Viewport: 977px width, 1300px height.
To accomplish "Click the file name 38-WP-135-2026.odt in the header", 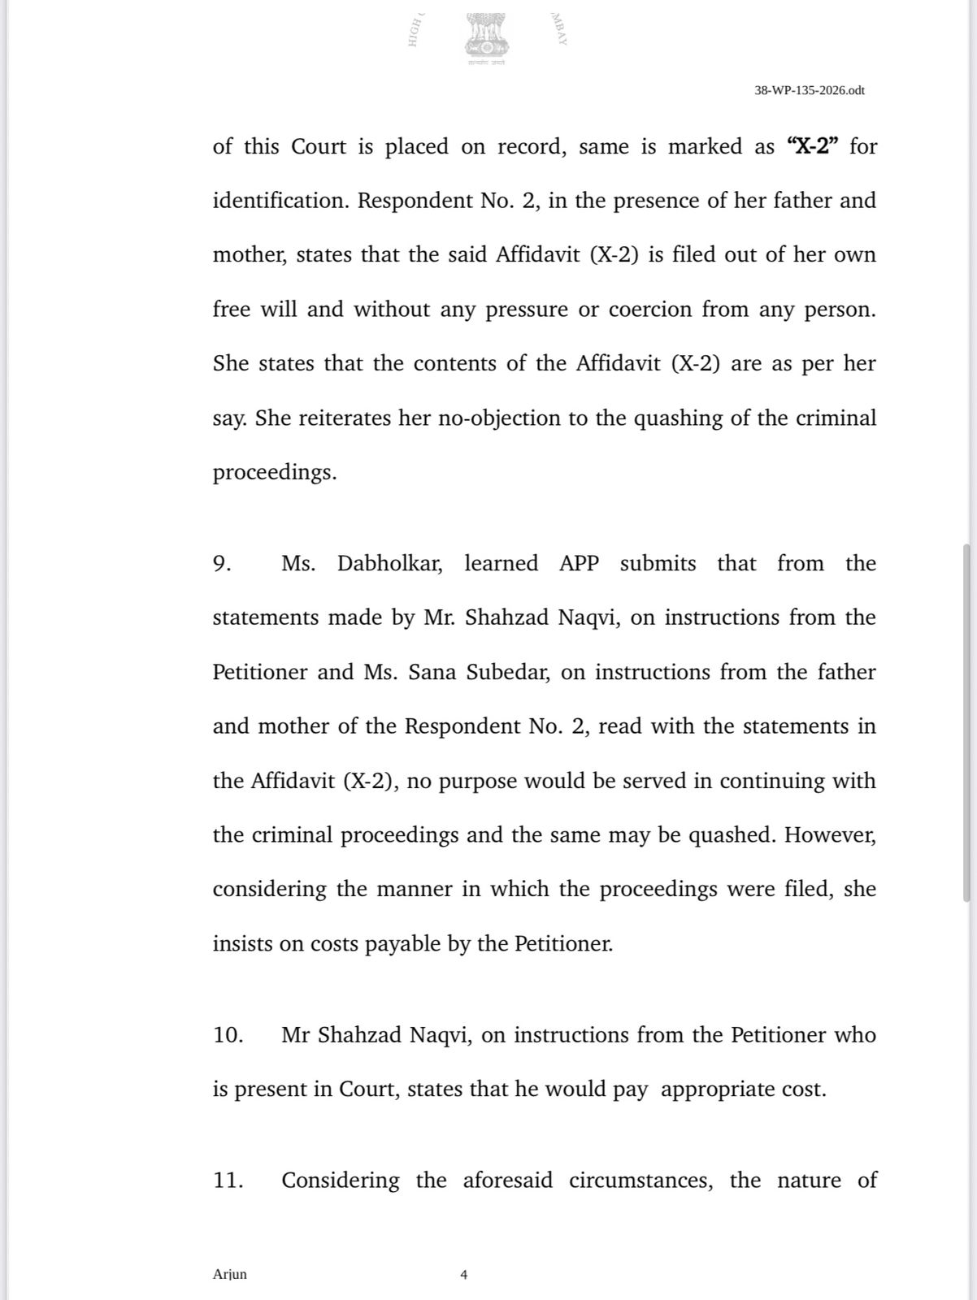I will coord(809,90).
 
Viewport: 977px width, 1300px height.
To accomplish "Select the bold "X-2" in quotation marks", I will coord(813,146).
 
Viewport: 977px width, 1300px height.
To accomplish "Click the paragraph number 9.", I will coord(222,564).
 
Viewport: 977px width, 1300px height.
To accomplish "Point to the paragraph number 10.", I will coord(228,1035).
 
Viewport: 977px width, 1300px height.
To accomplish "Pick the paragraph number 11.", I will coord(228,1180).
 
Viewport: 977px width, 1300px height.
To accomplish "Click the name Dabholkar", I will coord(389,564).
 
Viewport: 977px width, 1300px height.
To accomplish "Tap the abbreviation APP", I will coord(579,564).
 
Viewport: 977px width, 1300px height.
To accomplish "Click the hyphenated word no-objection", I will coord(501,418).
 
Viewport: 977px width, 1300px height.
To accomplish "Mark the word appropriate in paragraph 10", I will coord(716,1090).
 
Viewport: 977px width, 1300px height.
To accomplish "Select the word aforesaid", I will coord(507,1180).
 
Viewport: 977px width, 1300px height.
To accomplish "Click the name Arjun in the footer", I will coord(229,1274).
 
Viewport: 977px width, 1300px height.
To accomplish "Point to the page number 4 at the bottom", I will coord(463,1275).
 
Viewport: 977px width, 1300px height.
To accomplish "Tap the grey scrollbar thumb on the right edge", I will coord(966,723).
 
